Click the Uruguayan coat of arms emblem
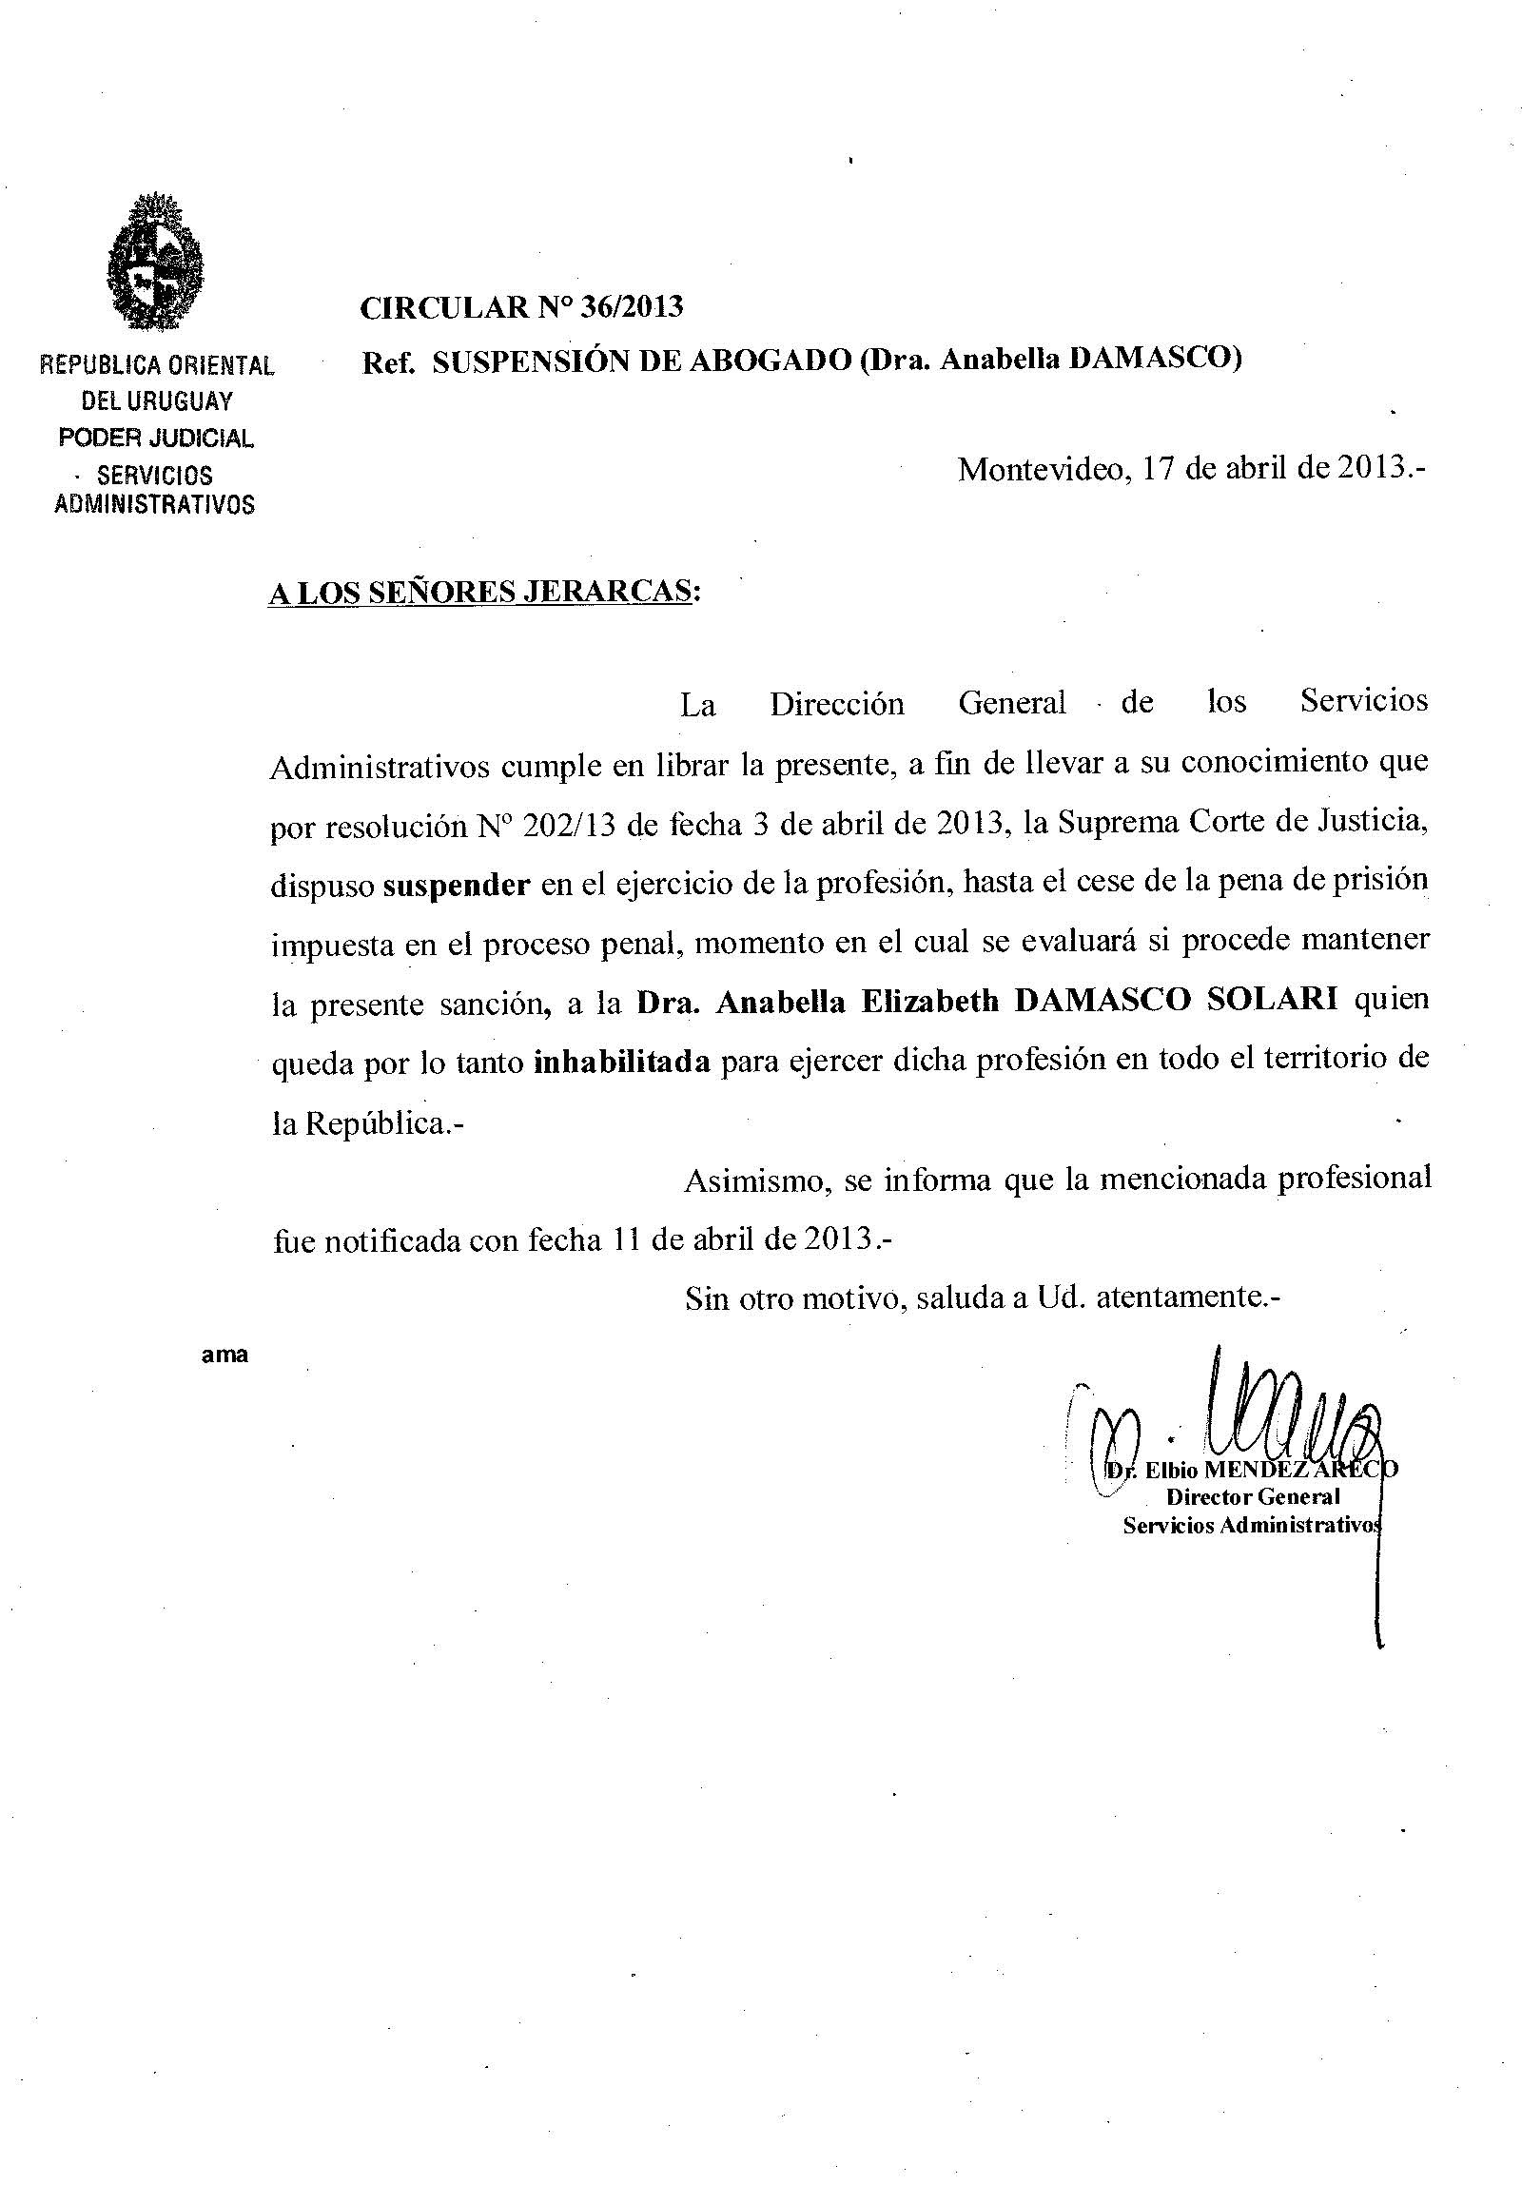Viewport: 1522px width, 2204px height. (155, 261)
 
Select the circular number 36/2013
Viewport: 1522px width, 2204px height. (627, 307)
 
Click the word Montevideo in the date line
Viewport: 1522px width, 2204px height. (1040, 469)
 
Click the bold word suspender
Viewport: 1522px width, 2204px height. (456, 885)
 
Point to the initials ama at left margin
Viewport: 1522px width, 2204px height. (225, 1355)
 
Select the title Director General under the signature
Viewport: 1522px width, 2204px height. (1253, 1496)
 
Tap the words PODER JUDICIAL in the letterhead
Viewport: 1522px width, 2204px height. (156, 438)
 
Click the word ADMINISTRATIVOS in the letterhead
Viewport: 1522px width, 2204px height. (154, 504)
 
